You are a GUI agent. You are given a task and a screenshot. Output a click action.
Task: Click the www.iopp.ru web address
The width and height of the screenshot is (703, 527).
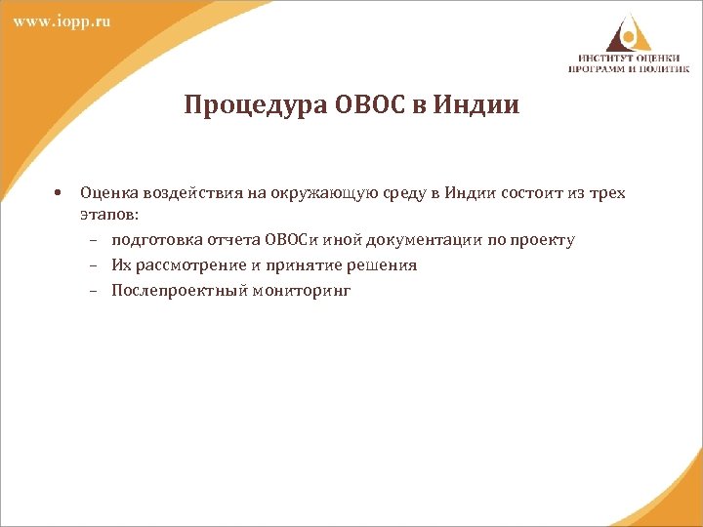point(62,22)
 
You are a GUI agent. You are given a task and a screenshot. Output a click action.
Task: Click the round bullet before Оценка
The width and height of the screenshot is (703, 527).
point(60,192)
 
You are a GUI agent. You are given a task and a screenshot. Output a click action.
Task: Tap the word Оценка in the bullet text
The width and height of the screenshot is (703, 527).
point(106,192)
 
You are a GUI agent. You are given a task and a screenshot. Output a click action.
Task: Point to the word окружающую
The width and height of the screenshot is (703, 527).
point(309,192)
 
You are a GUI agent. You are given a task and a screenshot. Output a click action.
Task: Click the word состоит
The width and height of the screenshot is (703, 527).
point(535,192)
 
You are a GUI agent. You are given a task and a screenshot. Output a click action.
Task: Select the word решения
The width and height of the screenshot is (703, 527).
point(381,265)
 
